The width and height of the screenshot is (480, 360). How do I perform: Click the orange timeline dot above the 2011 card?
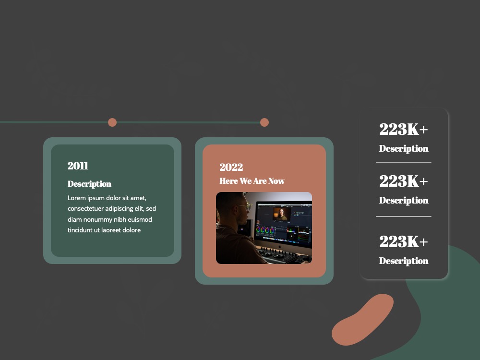[112, 122]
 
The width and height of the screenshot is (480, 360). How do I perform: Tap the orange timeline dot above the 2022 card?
[264, 122]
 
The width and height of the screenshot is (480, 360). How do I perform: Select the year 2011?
[78, 166]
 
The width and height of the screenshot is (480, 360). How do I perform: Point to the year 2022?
[231, 167]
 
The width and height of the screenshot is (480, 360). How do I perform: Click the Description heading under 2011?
[89, 184]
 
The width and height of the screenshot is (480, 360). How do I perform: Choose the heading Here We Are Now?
[252, 181]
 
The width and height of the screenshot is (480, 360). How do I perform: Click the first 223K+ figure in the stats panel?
[404, 129]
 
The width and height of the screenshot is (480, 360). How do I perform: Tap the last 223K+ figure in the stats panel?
[404, 241]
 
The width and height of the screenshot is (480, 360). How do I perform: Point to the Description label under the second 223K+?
[404, 200]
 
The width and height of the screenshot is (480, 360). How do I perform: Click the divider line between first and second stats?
[404, 162]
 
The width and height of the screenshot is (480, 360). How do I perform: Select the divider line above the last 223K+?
[404, 216]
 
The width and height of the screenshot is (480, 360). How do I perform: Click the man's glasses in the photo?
[245, 206]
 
